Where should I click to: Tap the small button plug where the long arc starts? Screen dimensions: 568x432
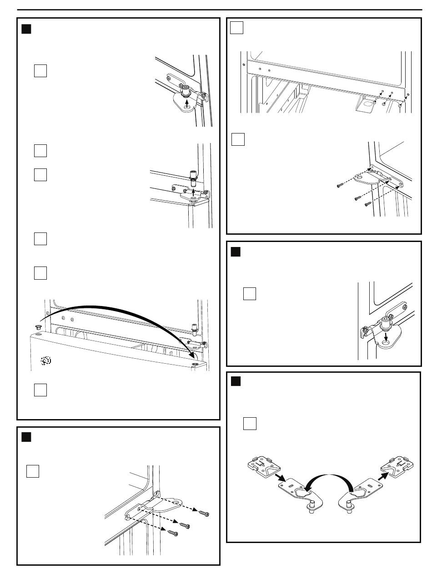pos(38,326)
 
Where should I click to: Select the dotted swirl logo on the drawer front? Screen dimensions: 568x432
pos(45,361)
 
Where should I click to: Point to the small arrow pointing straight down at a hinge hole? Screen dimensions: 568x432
pos(386,337)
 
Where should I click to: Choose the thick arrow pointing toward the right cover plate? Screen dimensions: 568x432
pos(384,476)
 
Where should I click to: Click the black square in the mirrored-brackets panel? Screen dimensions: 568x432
pos(235,381)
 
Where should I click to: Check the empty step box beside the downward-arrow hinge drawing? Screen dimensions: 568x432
pos(250,294)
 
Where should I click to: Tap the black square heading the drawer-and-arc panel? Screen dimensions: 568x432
pos(26,30)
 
